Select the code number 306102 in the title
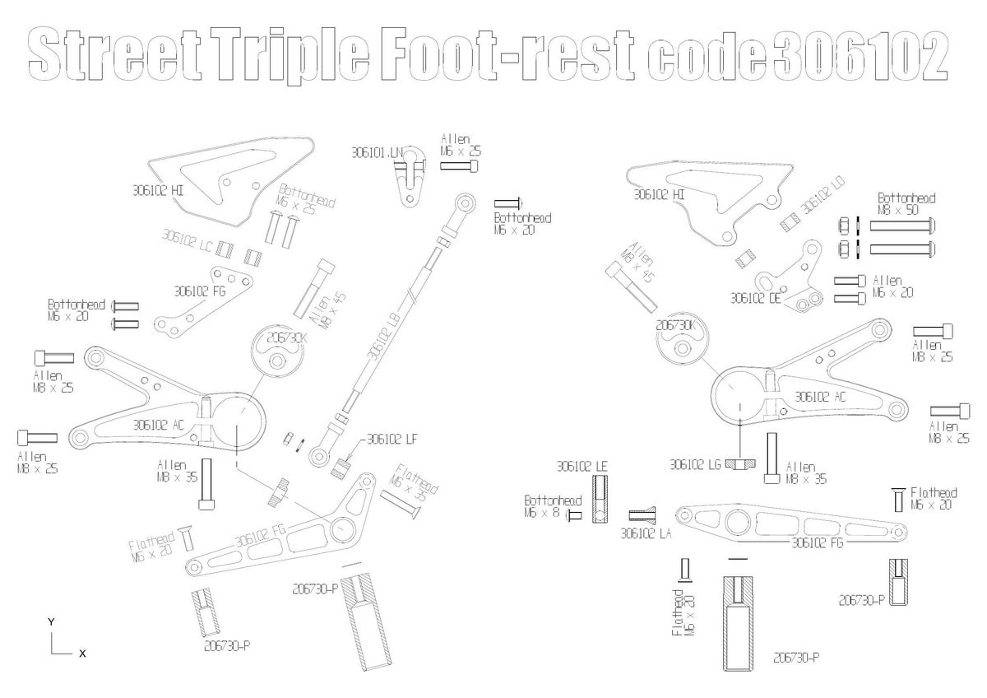[860, 56]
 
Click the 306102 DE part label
[754, 298]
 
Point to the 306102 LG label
[695, 464]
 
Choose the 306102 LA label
[646, 533]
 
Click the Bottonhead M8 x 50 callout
[906, 204]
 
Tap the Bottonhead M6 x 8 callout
[553, 506]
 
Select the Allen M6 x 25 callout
[455, 146]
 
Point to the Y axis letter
[52, 621]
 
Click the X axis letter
[81, 653]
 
